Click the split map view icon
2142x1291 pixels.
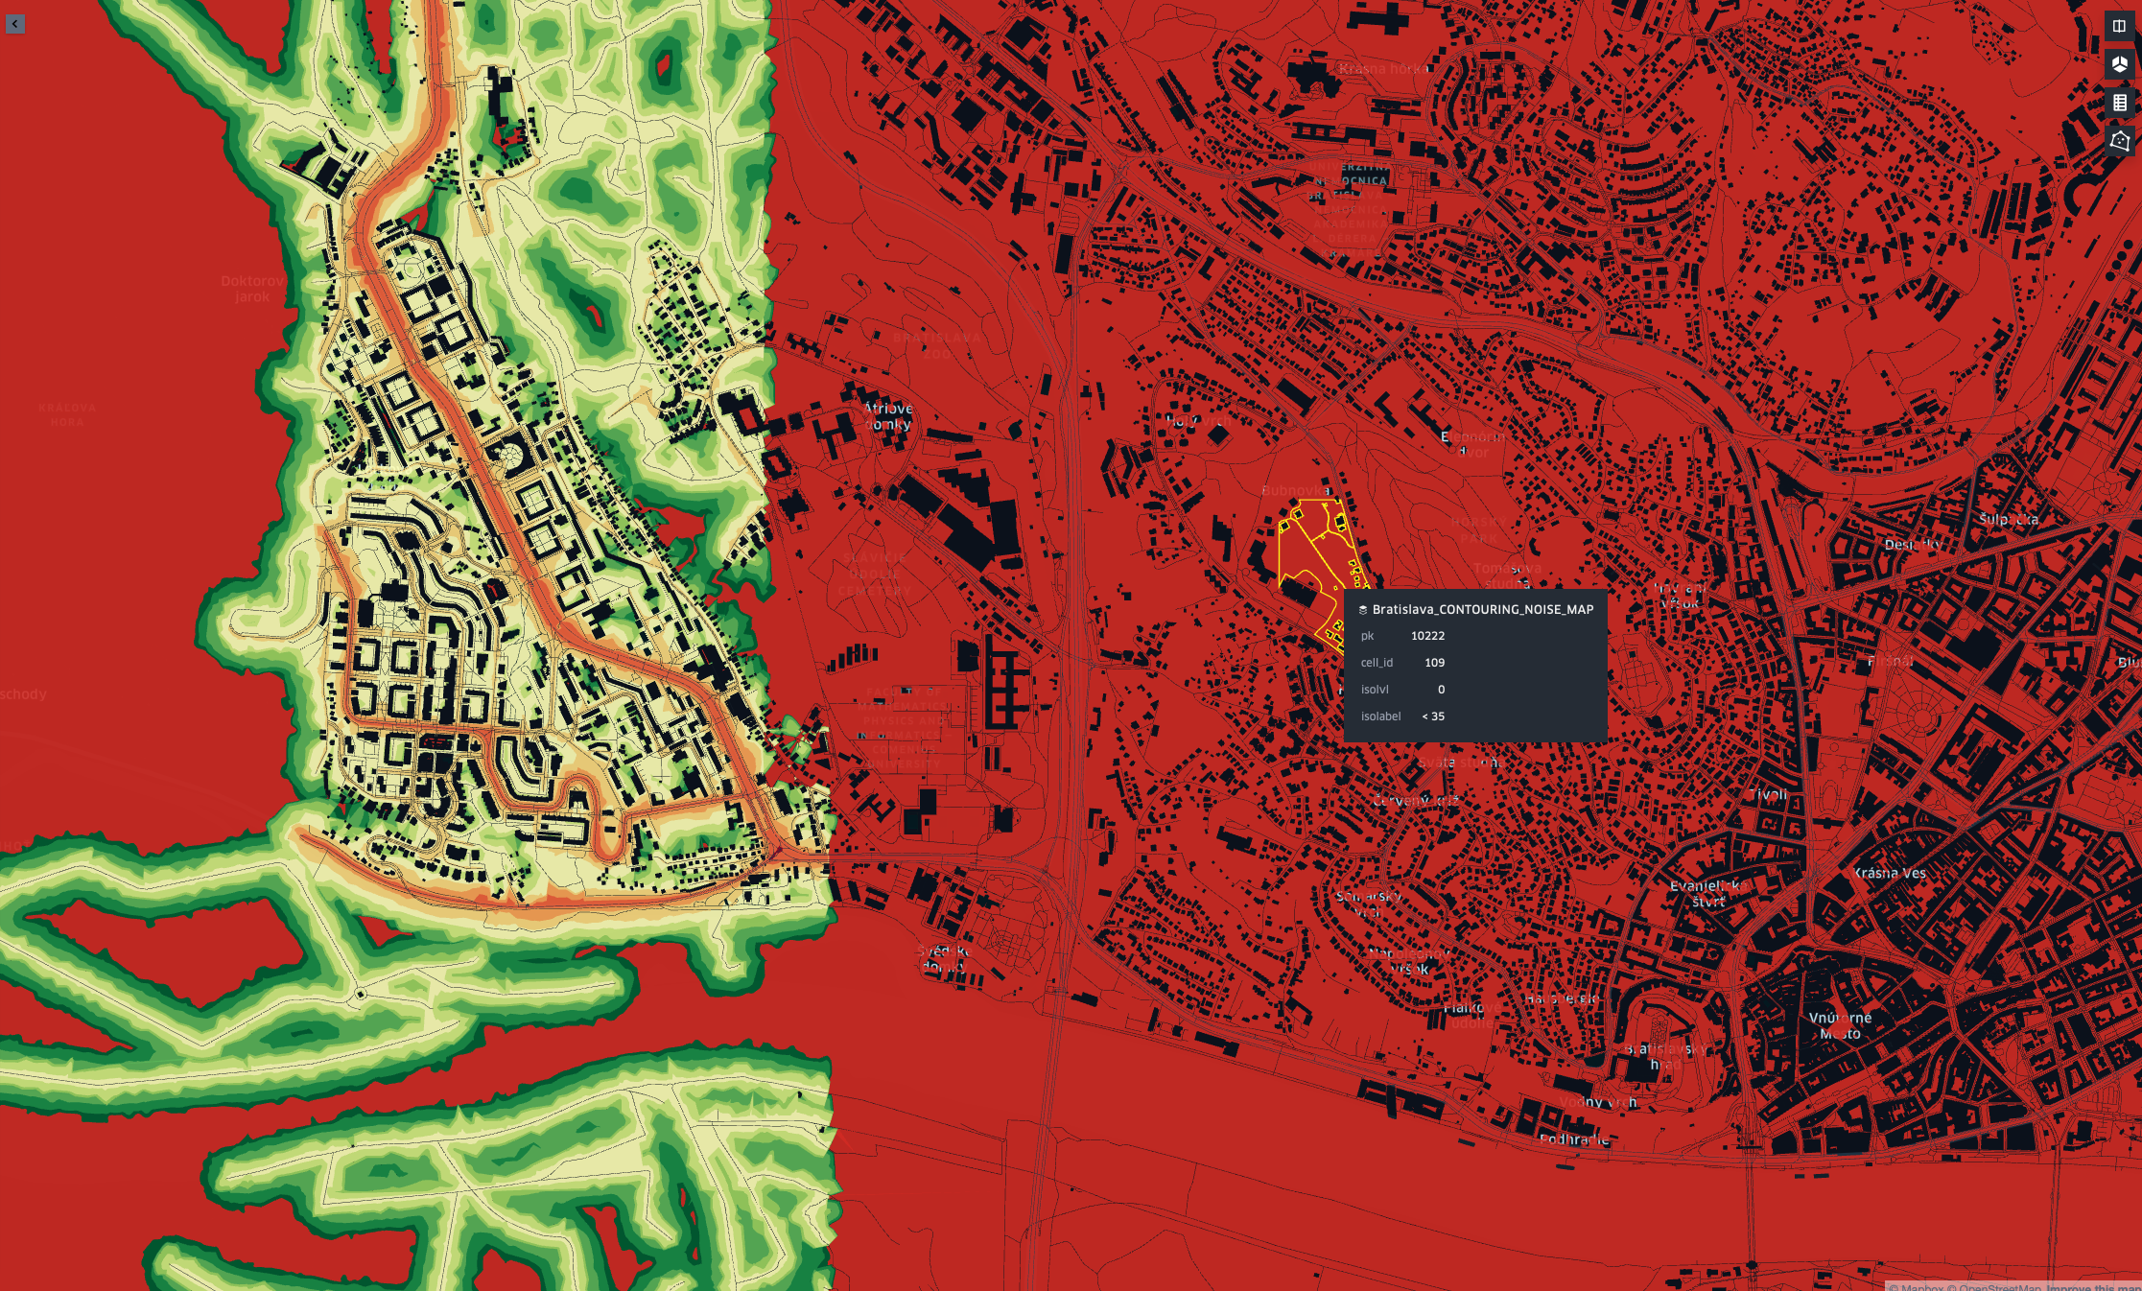click(x=2119, y=26)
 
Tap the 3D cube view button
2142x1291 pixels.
click(x=2119, y=64)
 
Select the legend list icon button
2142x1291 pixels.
click(x=2119, y=103)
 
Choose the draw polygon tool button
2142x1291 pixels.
click(x=2119, y=141)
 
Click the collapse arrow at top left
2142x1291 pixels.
click(x=14, y=24)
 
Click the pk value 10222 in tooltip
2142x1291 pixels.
click(x=1427, y=636)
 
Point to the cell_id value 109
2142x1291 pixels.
click(x=1434, y=663)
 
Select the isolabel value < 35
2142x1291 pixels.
click(x=1433, y=716)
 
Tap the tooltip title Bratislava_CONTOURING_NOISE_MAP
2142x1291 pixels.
click(x=1482, y=609)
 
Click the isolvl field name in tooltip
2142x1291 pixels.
click(x=1375, y=690)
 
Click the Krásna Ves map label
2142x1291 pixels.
click(x=1889, y=873)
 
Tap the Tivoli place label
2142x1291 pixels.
click(x=1768, y=794)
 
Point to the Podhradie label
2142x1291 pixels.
click(x=1574, y=1139)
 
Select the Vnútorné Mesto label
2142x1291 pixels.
click(x=1840, y=1025)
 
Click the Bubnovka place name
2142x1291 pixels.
click(x=1296, y=490)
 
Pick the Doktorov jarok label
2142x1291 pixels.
click(x=252, y=289)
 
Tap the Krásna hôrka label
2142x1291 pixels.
click(x=1383, y=68)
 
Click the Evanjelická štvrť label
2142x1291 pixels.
click(x=1706, y=893)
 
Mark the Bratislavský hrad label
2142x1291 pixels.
click(x=1665, y=1056)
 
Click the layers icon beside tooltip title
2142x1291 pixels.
click(x=1363, y=610)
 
